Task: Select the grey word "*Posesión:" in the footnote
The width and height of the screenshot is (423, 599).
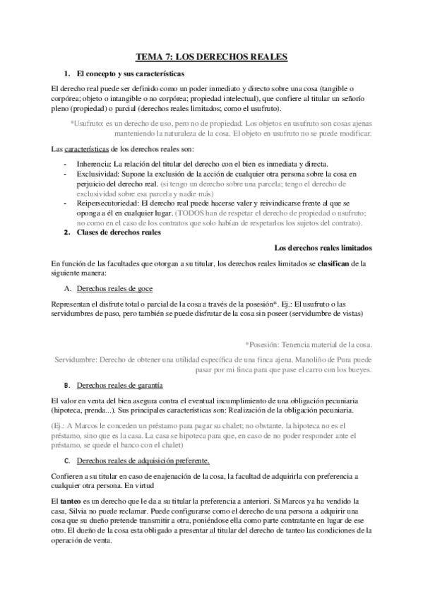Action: coord(262,345)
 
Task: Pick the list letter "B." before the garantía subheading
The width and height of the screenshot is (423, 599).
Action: coord(67,385)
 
